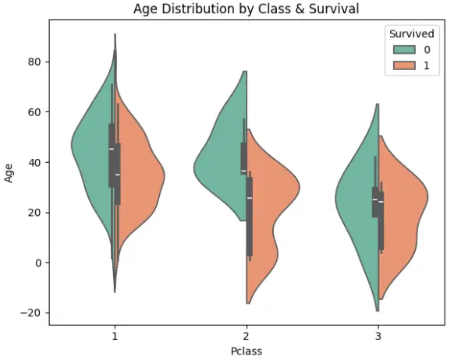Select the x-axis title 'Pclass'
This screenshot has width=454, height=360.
247,351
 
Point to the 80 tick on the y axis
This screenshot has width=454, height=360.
34,62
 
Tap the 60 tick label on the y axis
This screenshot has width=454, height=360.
34,112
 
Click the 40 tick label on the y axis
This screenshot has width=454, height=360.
34,162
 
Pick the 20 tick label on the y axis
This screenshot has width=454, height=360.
34,213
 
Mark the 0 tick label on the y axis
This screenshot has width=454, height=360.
37,263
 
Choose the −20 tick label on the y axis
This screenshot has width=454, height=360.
31,313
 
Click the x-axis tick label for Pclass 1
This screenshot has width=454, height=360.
115,335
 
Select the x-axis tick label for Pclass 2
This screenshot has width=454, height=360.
247,335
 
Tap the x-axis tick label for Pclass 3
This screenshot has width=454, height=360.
378,335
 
